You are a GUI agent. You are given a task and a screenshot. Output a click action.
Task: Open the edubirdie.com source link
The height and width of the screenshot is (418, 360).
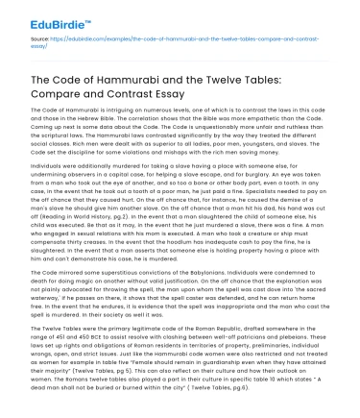tap(182, 38)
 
